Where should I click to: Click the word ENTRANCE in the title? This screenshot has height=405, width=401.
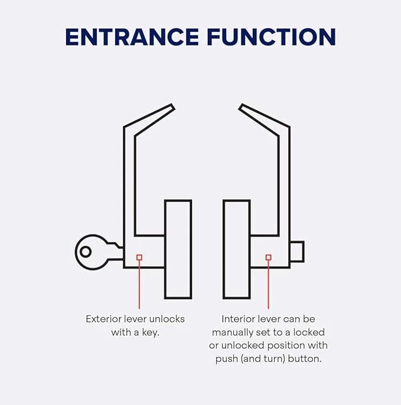click(x=132, y=37)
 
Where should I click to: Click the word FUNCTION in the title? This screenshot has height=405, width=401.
click(x=271, y=37)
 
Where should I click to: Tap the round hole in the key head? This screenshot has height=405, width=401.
click(x=86, y=252)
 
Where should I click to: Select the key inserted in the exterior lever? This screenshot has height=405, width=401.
click(x=99, y=252)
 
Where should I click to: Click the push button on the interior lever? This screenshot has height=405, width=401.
click(x=297, y=252)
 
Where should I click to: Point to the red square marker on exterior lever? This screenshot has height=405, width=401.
click(x=139, y=257)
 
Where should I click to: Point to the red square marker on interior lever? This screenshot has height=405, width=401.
click(x=269, y=257)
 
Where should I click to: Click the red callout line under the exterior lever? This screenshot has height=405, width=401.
click(x=139, y=285)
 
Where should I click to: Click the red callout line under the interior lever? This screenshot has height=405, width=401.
click(x=269, y=285)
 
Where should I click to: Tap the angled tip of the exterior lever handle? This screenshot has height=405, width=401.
click(x=172, y=106)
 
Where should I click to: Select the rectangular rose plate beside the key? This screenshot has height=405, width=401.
click(x=178, y=249)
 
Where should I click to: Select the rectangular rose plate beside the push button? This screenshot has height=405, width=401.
click(x=236, y=249)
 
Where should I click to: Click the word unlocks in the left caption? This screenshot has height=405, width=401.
click(x=167, y=319)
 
